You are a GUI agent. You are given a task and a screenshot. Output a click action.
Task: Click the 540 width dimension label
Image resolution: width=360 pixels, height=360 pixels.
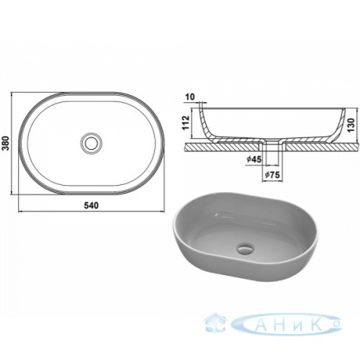coord(91,205)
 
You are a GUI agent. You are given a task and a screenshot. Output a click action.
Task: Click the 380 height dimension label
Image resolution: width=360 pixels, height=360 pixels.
coord(5,143)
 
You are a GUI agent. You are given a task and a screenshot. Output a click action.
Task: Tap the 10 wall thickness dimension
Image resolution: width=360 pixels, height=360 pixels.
coord(190,97)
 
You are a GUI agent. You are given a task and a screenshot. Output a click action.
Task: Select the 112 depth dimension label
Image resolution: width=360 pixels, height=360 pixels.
coord(186,123)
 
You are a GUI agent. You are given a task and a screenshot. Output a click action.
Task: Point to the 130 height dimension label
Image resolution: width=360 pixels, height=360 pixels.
coord(351,125)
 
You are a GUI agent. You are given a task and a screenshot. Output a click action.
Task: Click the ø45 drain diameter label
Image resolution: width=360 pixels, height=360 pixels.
coord(254,159)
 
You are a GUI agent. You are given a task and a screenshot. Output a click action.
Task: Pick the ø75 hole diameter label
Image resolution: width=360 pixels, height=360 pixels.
coord(272,175)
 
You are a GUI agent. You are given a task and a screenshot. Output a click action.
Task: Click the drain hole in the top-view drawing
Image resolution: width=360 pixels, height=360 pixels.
coord(91,143)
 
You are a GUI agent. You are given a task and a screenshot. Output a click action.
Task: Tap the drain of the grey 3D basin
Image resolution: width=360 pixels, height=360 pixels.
coord(245,249)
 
